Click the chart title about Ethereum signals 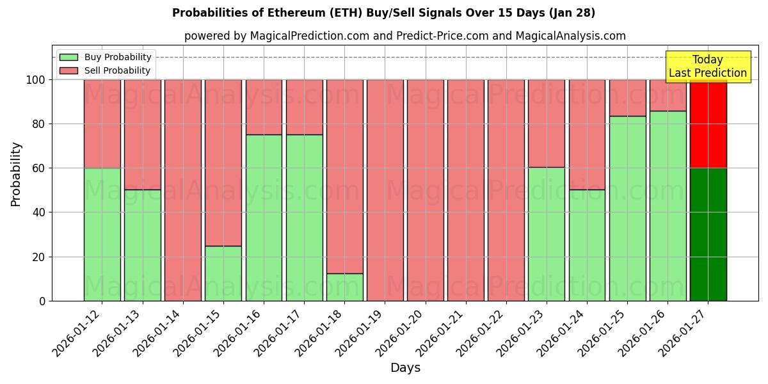pos(383,13)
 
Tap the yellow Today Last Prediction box pos(707,67)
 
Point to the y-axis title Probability pos(16,173)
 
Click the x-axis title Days pos(405,368)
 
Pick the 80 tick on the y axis pos(39,124)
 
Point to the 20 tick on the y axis pos(39,257)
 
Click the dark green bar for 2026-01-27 pos(708,234)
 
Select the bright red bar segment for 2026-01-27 pos(708,124)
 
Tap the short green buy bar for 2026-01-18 pos(344,287)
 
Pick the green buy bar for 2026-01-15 pos(223,273)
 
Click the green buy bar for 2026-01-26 pos(668,205)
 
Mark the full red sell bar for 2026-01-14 pos(183,190)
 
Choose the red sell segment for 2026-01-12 pos(102,124)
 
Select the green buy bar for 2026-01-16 pos(264,218)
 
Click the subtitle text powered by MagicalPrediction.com pos(404,36)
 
